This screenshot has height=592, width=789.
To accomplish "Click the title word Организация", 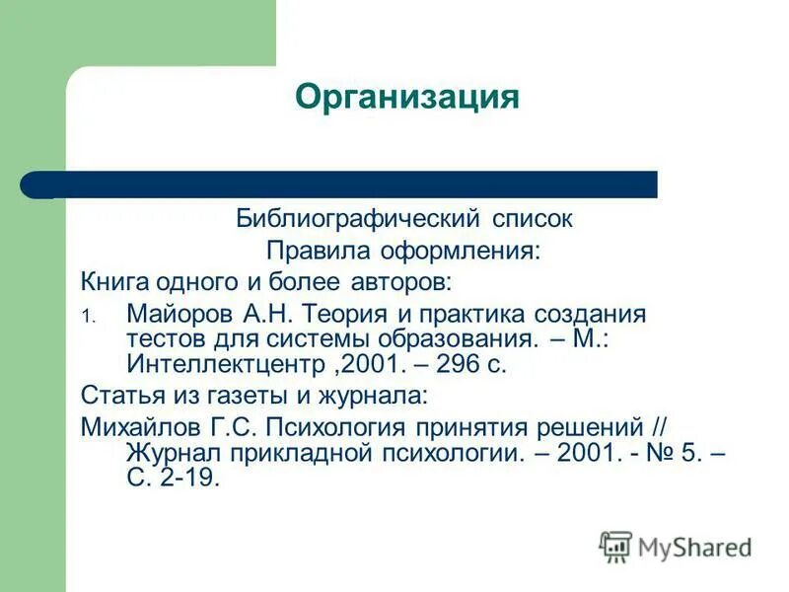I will tap(407, 98).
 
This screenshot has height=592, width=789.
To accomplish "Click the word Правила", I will tap(312, 250).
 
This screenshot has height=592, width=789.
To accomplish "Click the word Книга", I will tap(114, 282).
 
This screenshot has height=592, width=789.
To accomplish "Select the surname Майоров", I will tap(177, 315).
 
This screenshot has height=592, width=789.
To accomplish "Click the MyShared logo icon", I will tap(616, 546).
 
